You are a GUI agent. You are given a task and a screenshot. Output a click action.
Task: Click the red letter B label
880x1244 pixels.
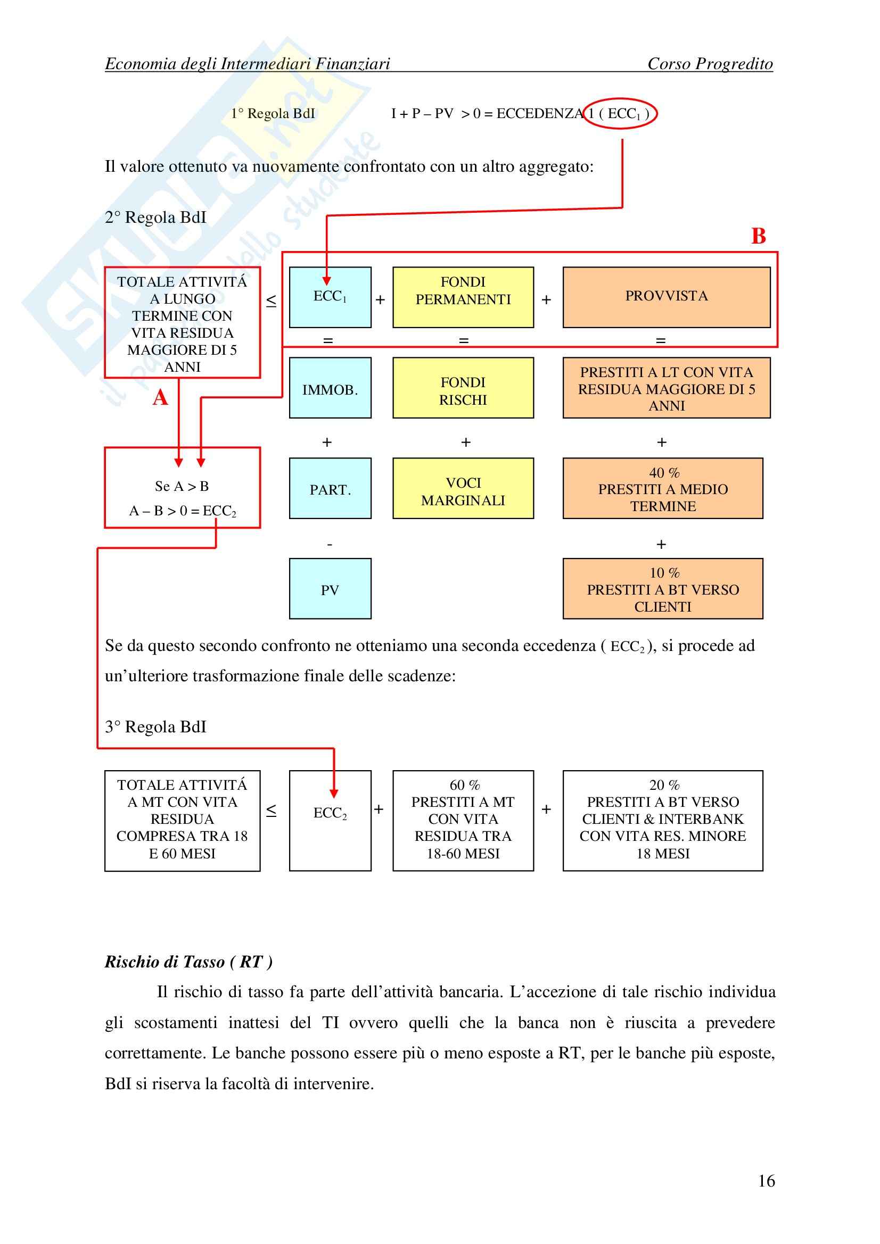point(758,236)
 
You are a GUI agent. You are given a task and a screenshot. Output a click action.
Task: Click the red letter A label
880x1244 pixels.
point(160,398)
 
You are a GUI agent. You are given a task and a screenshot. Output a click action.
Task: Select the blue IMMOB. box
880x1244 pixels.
point(330,387)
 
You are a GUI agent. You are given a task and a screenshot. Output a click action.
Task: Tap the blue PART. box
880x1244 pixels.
point(330,488)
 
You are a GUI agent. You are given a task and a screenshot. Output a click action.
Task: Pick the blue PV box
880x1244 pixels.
point(330,588)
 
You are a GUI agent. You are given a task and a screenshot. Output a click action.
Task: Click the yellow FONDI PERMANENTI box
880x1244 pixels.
point(463,297)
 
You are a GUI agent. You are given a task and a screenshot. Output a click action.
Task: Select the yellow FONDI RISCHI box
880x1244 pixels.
point(463,387)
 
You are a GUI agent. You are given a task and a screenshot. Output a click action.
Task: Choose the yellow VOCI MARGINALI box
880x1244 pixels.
point(463,488)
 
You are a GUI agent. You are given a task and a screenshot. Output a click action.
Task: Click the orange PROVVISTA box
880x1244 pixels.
point(666,297)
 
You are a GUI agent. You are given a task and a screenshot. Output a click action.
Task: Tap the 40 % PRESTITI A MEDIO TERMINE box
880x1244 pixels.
point(662,488)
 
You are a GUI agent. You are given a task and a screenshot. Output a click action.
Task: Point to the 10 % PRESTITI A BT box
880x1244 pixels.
point(662,588)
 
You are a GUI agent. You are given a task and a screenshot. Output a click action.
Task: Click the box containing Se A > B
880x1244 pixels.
point(182,488)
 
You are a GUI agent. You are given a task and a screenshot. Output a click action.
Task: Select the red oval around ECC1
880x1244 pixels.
point(620,114)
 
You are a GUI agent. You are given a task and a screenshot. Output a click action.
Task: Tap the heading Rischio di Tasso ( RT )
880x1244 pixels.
point(188,961)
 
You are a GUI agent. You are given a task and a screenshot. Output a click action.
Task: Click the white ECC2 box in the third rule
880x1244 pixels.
point(330,820)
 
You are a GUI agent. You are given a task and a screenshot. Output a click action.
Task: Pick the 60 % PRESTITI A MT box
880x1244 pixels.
point(463,820)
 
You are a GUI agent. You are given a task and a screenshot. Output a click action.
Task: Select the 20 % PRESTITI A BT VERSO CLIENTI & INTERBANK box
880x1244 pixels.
point(662,820)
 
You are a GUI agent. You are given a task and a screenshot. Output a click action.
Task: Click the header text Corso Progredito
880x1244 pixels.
point(710,64)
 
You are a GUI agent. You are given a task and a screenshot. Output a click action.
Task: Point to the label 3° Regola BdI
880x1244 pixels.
point(155,727)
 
